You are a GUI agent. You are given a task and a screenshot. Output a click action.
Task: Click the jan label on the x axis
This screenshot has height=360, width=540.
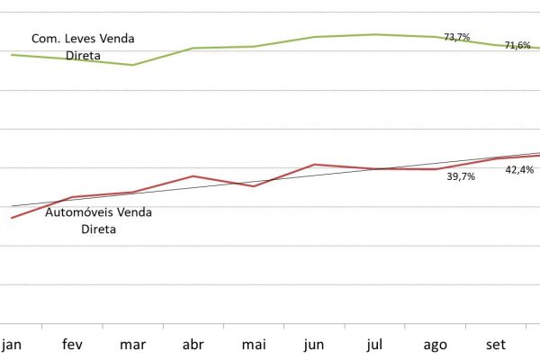tap(12, 345)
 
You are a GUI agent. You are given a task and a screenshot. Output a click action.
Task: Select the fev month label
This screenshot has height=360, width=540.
tap(73, 345)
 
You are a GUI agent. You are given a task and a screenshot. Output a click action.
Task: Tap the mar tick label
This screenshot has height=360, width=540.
tap(132, 345)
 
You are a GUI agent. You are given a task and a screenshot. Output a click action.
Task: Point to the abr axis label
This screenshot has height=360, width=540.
tap(193, 345)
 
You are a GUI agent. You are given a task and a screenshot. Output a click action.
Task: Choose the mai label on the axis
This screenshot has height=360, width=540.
tap(254, 345)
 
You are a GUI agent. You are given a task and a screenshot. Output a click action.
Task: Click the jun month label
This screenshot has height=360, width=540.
tap(314, 345)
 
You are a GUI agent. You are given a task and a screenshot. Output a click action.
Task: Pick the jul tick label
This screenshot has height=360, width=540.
tap(374, 345)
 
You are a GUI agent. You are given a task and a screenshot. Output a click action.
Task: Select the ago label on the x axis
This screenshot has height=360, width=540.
tap(436, 345)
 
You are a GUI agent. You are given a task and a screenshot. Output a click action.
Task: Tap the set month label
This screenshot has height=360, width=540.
tap(496, 345)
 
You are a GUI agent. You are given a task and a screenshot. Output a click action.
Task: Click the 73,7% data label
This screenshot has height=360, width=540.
tap(457, 37)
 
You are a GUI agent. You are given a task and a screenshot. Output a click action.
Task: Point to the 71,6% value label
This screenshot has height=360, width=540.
tap(517, 45)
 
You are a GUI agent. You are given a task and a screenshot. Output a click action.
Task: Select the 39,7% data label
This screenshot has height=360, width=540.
tap(461, 177)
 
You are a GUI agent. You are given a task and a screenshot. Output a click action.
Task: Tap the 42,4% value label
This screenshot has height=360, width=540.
tap(519, 169)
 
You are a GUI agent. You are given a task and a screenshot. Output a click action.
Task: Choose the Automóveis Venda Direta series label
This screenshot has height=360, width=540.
tap(98, 220)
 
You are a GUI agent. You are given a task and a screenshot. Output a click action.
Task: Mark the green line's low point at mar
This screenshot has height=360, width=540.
tap(133, 65)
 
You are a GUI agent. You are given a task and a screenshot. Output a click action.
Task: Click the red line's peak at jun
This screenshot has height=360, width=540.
tap(314, 165)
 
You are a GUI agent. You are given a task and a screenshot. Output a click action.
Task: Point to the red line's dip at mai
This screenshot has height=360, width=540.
tap(254, 186)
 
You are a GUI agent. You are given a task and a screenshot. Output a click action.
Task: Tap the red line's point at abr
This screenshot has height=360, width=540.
tap(193, 176)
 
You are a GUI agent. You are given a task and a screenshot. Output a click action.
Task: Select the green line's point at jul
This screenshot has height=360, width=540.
tap(374, 34)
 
